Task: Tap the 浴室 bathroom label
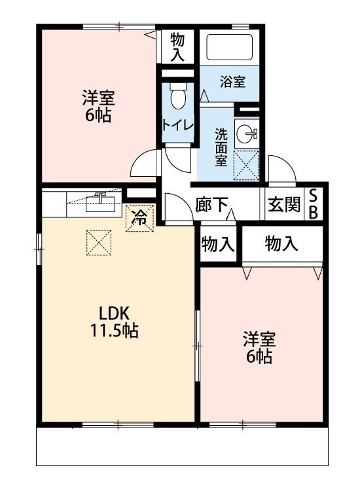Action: tap(232, 82)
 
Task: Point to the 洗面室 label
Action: tap(222, 147)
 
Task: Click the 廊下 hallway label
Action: tap(211, 205)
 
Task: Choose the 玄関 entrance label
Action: tap(283, 205)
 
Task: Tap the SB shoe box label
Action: tap(314, 204)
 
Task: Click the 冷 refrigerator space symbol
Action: tap(139, 219)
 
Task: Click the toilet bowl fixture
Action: tap(177, 98)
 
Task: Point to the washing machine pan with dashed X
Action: tap(247, 165)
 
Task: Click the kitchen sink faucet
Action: tap(100, 197)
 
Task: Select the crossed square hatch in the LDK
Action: tap(99, 244)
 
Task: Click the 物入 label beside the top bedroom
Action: tap(177, 47)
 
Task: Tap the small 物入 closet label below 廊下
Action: tap(217, 245)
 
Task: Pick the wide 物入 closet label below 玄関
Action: tap(281, 245)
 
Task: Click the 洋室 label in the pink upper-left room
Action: tap(98, 99)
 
